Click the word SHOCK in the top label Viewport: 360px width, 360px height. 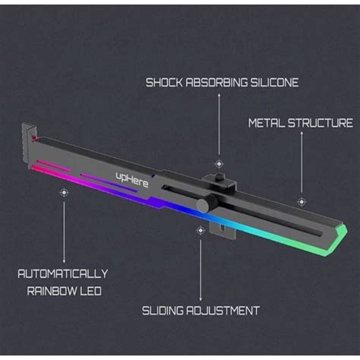click(x=163, y=82)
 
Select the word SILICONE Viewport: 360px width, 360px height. click(x=274, y=82)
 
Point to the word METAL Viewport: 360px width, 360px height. click(x=267, y=122)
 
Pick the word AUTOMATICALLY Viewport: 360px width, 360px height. click(x=63, y=273)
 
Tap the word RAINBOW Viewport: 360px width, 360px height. click(x=51, y=290)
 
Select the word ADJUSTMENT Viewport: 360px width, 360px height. click(x=226, y=311)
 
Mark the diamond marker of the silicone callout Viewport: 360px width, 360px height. click(x=219, y=163)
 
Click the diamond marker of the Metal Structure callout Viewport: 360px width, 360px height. click(x=302, y=201)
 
